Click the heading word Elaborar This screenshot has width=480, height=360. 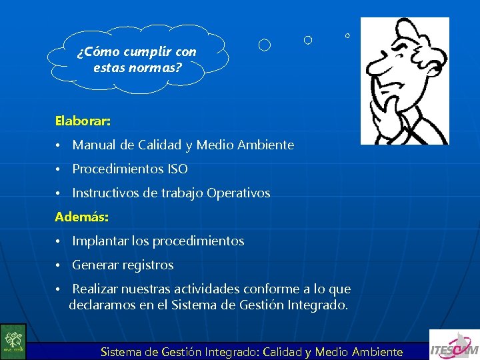82,122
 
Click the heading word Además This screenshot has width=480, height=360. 81,217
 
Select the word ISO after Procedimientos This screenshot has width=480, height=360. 177,169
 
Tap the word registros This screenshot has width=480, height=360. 148,265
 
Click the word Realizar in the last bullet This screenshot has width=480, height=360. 95,289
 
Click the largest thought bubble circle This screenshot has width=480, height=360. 265,45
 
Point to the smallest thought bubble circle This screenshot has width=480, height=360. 347,35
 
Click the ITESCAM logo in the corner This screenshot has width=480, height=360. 453,345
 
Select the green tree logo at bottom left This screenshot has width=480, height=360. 13,341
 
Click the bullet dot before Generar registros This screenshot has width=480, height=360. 59,265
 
